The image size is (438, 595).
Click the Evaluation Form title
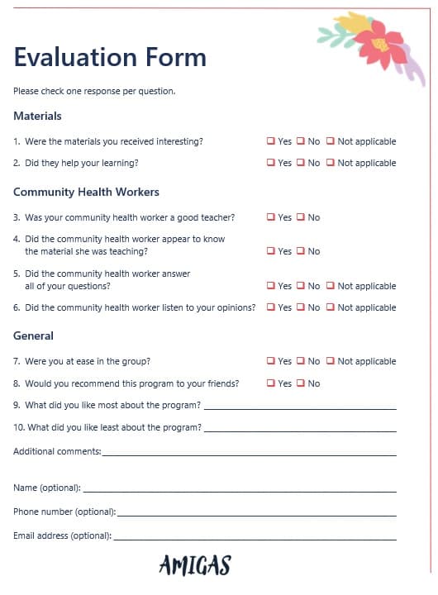[110, 57]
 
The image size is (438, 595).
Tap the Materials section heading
[37, 116]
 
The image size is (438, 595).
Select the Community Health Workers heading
[86, 192]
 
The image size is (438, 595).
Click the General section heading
[33, 336]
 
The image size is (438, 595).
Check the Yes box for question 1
[270, 141]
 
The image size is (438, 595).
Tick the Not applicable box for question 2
[330, 163]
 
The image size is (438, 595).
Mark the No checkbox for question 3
[300, 217]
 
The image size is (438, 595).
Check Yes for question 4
[270, 251]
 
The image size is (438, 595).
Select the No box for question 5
[300, 286]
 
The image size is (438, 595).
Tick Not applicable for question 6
[330, 307]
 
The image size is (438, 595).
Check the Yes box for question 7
[270, 361]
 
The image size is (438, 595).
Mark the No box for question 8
[300, 383]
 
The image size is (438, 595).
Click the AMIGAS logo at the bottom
[194, 565]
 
